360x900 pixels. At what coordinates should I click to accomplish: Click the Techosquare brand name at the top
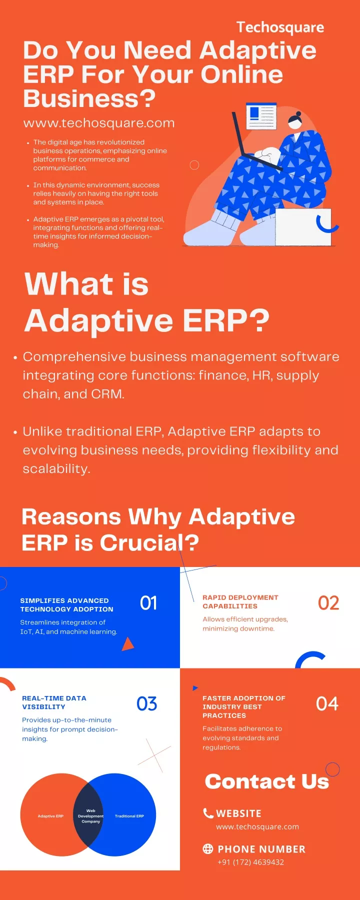click(280, 27)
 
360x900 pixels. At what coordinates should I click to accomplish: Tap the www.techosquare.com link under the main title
click(99, 123)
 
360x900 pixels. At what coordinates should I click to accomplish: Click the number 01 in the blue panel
click(148, 603)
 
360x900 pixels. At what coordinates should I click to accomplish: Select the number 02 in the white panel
click(328, 603)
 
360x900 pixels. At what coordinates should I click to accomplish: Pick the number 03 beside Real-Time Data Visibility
click(147, 704)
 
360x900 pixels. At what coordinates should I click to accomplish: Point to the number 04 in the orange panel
click(327, 704)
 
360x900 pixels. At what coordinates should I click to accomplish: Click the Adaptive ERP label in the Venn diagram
click(50, 816)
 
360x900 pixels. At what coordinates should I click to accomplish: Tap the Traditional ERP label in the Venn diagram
click(129, 816)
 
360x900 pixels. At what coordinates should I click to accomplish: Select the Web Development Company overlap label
click(91, 816)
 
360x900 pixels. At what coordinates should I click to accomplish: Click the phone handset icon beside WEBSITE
click(208, 813)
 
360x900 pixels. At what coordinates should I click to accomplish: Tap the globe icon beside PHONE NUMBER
click(208, 848)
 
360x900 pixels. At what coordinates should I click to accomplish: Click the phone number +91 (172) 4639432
click(251, 862)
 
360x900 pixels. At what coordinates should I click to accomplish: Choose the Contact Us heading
click(267, 781)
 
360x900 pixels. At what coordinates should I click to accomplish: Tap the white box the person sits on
click(303, 227)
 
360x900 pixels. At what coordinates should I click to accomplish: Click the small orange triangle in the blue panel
click(128, 644)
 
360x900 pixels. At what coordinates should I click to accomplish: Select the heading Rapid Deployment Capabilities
click(240, 601)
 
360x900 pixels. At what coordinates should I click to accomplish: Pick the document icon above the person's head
click(261, 116)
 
